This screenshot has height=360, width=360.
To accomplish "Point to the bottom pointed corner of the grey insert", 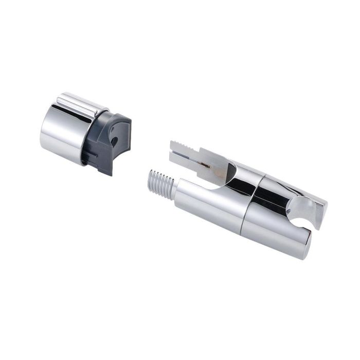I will (x=110, y=173).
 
